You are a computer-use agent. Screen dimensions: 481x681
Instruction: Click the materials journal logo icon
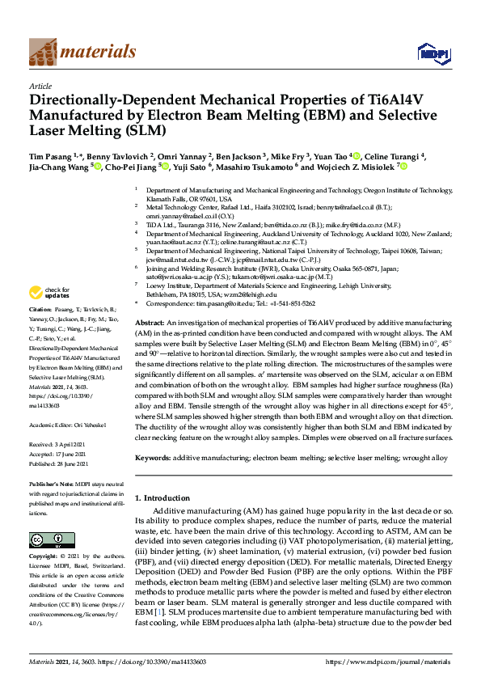tap(41, 52)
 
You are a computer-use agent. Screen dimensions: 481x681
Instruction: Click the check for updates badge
tap(50, 293)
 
